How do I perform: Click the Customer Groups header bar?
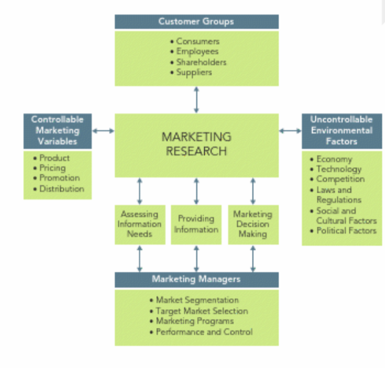point(196,21)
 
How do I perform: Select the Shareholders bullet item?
point(198,62)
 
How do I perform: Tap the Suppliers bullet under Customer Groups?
point(191,72)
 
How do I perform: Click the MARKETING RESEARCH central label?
point(196,144)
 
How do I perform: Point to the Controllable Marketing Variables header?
point(57,131)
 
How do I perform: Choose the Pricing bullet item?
point(49,168)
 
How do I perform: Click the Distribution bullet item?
point(59,189)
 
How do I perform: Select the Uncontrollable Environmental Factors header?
point(342,131)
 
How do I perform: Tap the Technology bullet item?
point(336,169)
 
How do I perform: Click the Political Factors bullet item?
point(343,230)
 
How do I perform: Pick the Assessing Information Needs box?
point(140,225)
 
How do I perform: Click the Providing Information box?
point(196,225)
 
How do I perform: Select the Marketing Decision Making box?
point(253,225)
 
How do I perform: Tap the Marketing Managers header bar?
point(196,280)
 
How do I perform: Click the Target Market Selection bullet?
point(199,311)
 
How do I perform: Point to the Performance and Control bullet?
point(201,332)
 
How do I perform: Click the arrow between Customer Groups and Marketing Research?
point(196,100)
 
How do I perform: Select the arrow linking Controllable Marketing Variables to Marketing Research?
point(103,131)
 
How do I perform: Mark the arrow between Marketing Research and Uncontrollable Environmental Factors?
point(290,131)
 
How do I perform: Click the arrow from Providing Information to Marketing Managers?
point(196,259)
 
